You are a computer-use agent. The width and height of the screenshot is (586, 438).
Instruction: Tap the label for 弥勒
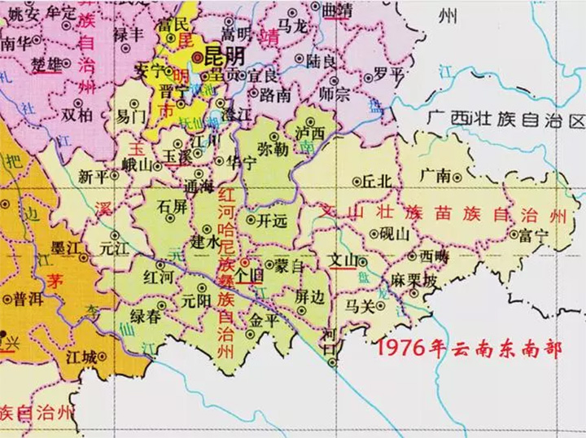tap(272, 151)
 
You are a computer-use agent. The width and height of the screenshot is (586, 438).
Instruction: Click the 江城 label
tap(81, 357)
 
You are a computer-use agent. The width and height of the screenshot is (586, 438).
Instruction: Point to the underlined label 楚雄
tap(45, 64)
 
